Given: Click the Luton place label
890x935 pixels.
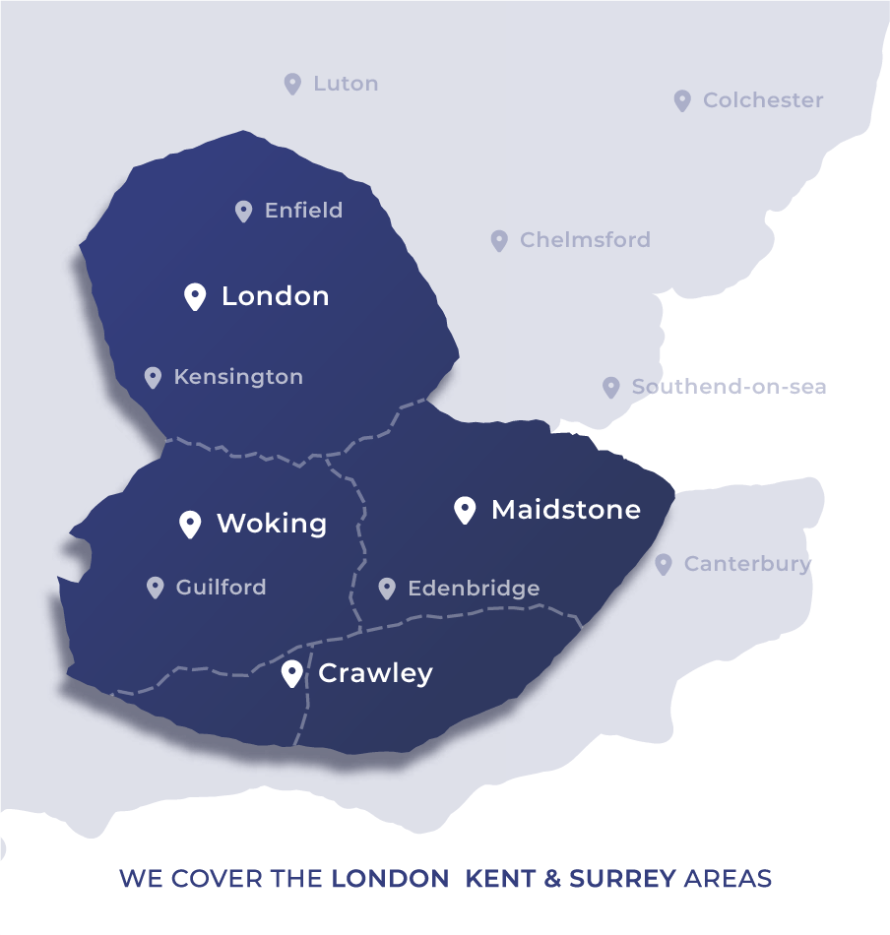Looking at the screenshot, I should pos(346,84).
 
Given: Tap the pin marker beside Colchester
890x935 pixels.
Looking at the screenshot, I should pos(682,100).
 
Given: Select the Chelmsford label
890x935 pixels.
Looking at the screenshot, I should pos(585,240).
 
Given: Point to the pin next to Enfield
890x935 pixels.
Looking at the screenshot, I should pos(243,211).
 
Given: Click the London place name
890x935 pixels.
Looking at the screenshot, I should pos(275,296).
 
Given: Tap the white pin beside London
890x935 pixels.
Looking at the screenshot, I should pos(195,296).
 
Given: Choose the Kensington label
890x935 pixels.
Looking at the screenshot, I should pos(238,377).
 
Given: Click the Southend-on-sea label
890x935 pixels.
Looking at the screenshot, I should pos(729,387).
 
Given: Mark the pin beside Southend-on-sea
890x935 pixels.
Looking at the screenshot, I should pos(611,388).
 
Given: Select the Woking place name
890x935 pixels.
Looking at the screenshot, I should pos(271,524).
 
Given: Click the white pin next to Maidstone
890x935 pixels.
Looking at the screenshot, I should pos(465,510).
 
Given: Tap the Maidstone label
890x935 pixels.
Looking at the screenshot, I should pos(565,510).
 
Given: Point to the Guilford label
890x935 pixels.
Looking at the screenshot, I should pos(221,588).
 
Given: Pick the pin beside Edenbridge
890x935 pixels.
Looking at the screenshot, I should pos(387,589).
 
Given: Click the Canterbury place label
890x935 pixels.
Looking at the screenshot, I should pos(747,564).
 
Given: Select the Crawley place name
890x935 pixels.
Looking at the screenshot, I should pos(375,673).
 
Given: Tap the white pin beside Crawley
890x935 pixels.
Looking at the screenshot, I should pos(291,674).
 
